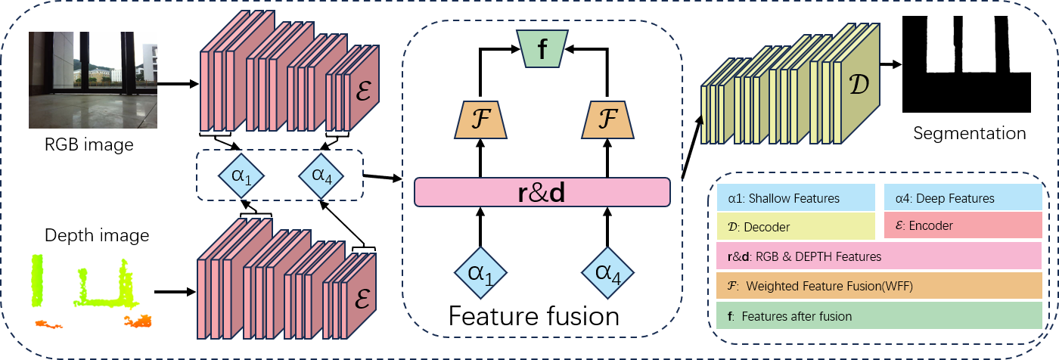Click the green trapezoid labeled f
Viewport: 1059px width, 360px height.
(542, 48)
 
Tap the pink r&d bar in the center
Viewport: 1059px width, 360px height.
(542, 192)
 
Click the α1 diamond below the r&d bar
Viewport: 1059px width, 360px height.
(480, 273)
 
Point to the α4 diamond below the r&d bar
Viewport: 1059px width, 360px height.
(607, 273)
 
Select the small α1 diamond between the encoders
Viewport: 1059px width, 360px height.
(241, 175)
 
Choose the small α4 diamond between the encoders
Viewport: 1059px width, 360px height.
(321, 175)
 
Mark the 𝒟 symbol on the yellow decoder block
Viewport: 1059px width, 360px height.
(860, 84)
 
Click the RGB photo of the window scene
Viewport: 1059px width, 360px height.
(92, 79)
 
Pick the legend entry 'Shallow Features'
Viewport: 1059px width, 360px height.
(796, 198)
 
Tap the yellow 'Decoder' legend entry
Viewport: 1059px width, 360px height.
(796, 225)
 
